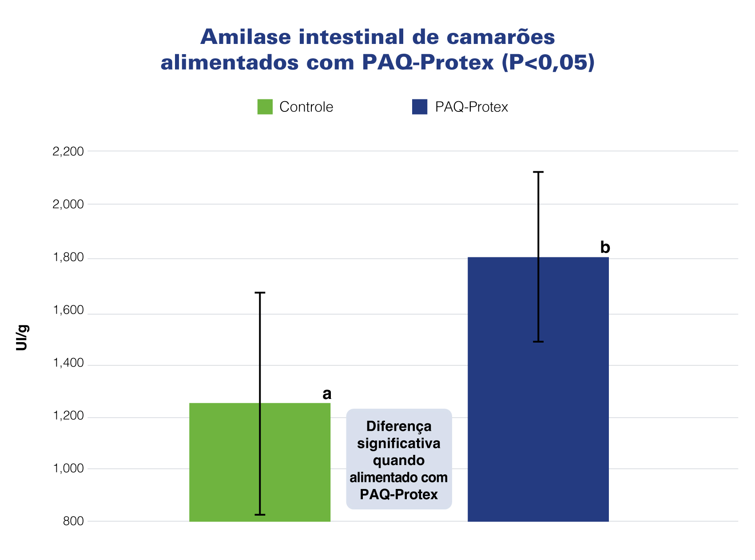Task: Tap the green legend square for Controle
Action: tap(265, 107)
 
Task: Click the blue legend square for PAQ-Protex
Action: tap(419, 107)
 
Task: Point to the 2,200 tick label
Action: tap(68, 152)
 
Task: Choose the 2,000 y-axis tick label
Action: tap(68, 205)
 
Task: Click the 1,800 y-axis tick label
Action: tap(68, 258)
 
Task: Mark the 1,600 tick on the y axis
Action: tap(68, 310)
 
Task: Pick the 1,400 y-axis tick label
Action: tap(68, 363)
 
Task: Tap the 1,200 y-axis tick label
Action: tap(68, 416)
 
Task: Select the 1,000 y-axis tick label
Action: tap(68, 469)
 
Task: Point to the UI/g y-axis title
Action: tap(22, 338)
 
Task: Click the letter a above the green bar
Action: tap(327, 394)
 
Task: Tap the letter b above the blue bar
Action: tap(605, 248)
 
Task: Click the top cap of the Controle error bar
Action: tap(260, 293)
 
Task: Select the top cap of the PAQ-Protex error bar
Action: tap(538, 172)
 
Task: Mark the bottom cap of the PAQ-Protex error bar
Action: tap(538, 342)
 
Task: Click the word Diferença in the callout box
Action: tap(399, 426)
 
